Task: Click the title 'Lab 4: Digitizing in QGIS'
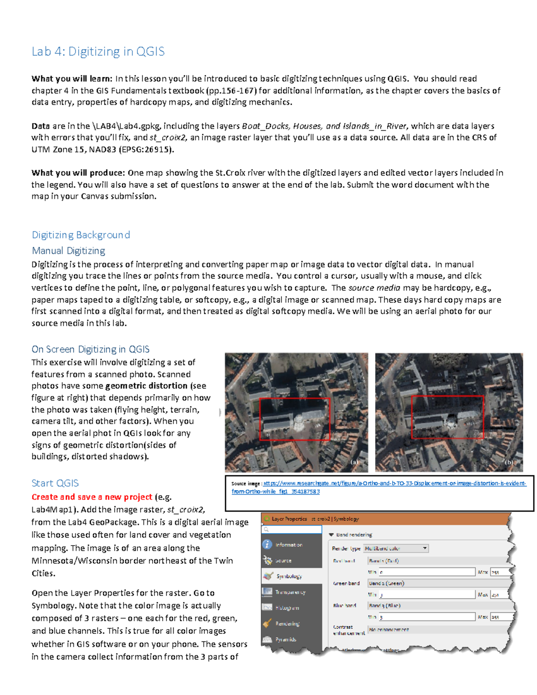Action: pos(98,51)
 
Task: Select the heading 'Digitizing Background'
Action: pos(81,235)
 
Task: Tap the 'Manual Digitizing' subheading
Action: pos(68,251)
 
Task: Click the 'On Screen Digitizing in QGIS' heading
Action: pos(90,349)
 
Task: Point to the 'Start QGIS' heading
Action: pos(55,483)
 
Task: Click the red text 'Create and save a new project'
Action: pos(92,497)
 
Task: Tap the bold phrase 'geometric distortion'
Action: pos(146,386)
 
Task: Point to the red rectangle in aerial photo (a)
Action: pos(294,419)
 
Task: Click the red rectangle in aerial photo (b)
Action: pos(447,417)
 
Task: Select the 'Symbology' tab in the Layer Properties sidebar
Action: pos(289,576)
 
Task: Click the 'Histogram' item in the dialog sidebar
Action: pos(287,608)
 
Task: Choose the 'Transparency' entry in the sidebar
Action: pos(290,592)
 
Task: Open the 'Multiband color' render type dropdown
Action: pos(396,548)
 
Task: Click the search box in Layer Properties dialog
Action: pos(292,529)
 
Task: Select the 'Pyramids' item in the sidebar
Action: pos(286,640)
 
